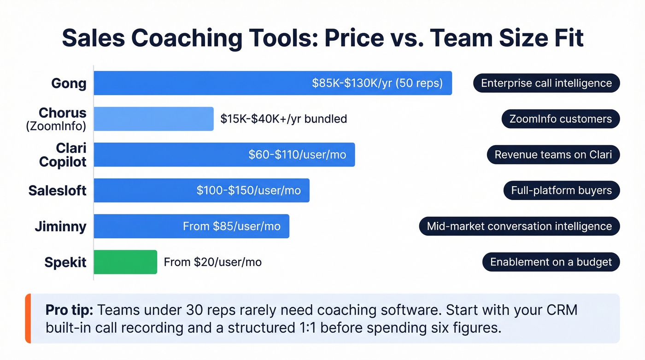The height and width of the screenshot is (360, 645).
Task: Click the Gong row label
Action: (69, 83)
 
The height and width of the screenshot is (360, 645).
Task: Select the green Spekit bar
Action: (125, 262)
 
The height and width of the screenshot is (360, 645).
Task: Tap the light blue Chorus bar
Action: (153, 119)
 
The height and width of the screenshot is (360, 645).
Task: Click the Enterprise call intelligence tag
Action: (546, 83)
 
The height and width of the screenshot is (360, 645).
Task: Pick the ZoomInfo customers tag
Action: (560, 119)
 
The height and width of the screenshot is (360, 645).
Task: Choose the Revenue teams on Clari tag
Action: (553, 155)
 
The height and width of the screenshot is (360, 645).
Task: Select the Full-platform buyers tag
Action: (561, 190)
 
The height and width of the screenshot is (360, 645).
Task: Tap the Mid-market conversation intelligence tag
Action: (519, 226)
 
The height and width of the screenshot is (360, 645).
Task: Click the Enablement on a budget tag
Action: (551, 262)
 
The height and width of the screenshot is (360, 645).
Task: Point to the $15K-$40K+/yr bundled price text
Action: (283, 119)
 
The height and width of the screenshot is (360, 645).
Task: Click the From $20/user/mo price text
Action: (212, 262)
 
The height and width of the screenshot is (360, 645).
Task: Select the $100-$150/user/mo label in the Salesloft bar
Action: (248, 190)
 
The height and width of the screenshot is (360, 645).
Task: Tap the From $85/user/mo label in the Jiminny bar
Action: (231, 226)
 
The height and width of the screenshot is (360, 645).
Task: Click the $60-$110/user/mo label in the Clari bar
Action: (297, 155)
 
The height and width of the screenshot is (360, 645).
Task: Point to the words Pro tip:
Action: (69, 310)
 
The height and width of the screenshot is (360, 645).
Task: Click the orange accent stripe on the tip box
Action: (28, 319)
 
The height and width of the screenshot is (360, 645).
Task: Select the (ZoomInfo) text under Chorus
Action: (56, 125)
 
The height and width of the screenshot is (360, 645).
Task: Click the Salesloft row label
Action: (57, 190)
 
